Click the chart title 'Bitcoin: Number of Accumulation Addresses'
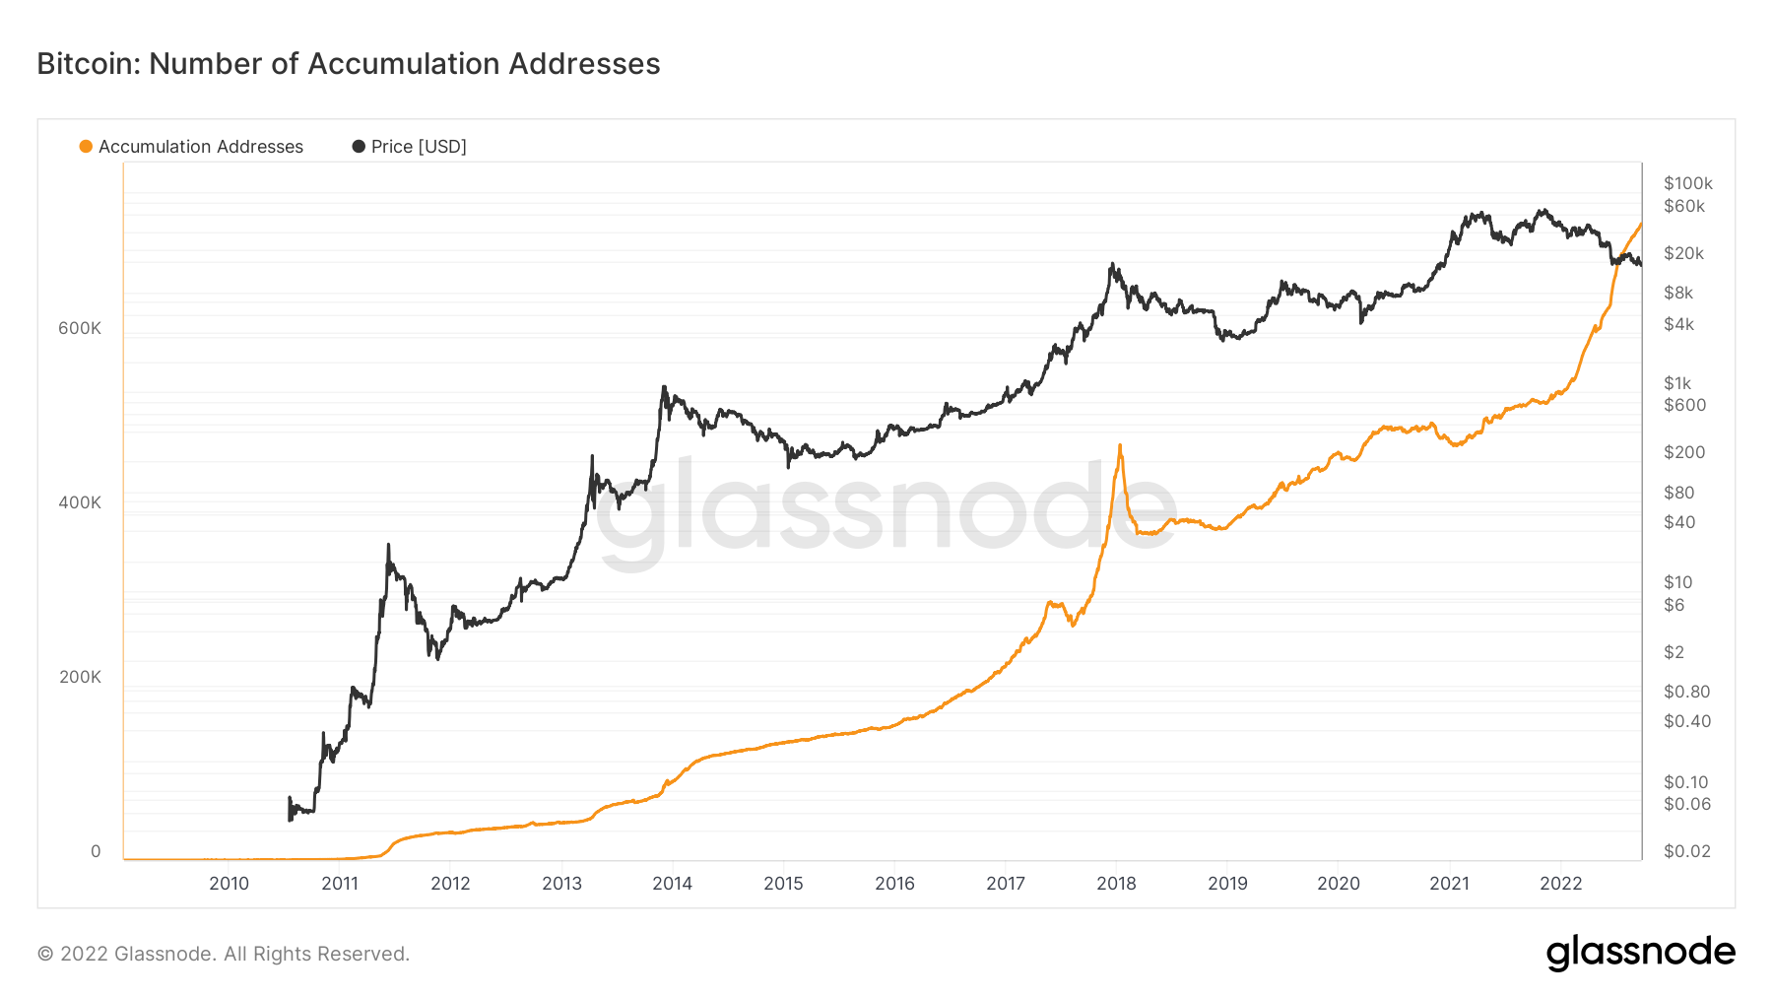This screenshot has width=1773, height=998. pos(349,64)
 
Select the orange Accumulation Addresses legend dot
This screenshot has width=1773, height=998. pos(86,147)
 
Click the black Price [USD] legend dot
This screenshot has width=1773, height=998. pos(359,147)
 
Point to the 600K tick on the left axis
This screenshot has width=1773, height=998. pos(80,328)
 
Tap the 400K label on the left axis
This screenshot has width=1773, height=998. pos(80,502)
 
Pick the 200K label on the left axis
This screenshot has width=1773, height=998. pos(80,677)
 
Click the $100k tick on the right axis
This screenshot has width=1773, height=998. pos(1687,183)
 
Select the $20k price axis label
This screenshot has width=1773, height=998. pos(1683,253)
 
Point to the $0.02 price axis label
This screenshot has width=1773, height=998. pos(1686,851)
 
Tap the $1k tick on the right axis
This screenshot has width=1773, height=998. pos(1676,383)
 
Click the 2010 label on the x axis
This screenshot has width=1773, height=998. pos(229,884)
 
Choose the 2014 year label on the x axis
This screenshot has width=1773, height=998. pos(672,884)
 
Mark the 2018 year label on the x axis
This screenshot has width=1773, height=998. pos(1116,884)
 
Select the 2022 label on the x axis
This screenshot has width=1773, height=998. pos(1560,884)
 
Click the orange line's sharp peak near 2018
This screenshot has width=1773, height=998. pos(1120,445)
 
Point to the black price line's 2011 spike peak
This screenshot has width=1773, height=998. pos(388,544)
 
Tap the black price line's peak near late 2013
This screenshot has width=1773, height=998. pos(664,386)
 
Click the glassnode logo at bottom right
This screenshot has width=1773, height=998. pos(1640,953)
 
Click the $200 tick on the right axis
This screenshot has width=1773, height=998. pos(1684,452)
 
